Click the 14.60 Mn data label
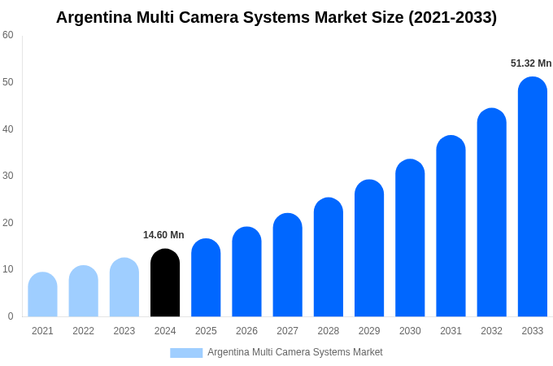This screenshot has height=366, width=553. click(x=163, y=235)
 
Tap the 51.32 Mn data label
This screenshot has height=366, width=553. click(x=530, y=63)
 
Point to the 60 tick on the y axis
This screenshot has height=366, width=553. click(x=8, y=35)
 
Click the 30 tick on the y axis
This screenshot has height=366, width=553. click(x=8, y=176)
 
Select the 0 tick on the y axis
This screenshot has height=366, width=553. click(x=11, y=316)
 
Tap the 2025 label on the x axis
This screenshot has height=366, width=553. click(x=206, y=331)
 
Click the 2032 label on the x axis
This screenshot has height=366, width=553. click(x=491, y=331)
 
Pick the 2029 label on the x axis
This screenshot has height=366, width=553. click(x=369, y=331)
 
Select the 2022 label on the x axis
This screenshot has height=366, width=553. click(x=83, y=331)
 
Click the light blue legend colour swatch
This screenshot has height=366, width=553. click(x=185, y=353)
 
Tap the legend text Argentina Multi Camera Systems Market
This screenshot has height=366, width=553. click(x=294, y=352)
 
